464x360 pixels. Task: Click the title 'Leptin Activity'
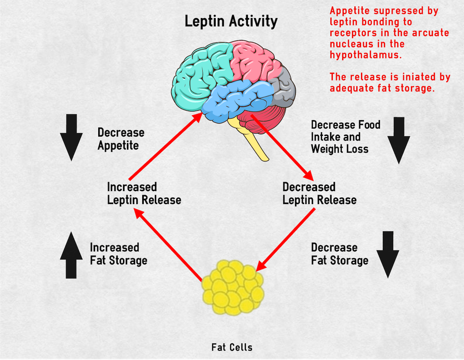[231, 21]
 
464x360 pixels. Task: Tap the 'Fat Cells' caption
[232, 347]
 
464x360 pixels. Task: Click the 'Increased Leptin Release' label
[144, 193]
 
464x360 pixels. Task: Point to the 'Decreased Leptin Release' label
[319, 193]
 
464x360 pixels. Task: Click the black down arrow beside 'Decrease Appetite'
[72, 137]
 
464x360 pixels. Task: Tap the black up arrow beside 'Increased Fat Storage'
[72, 255]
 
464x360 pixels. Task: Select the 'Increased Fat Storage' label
[118, 254]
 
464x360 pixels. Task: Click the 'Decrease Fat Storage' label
[339, 254]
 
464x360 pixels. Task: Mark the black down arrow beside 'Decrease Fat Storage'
[388, 254]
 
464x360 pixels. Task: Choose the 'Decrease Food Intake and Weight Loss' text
[345, 137]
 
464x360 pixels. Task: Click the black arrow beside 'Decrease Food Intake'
[398, 140]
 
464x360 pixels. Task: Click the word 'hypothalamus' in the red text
[365, 55]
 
